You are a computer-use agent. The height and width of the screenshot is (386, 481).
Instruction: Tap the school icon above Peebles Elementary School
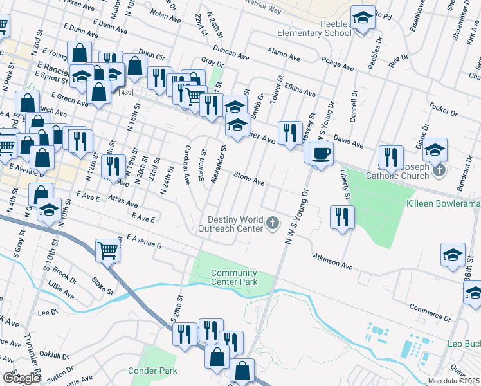point(363,18)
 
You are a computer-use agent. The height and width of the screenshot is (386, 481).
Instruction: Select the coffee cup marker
point(321,153)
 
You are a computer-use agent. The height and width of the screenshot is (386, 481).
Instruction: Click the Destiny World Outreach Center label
point(235,224)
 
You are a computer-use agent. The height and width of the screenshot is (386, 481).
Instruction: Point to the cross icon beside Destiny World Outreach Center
point(273,223)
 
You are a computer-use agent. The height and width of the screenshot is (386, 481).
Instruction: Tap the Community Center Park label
point(234,277)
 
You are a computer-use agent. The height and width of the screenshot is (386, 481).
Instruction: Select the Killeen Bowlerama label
point(443,203)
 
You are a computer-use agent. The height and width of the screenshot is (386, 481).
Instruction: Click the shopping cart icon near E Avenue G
point(108,250)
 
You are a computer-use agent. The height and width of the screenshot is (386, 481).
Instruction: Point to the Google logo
point(21,378)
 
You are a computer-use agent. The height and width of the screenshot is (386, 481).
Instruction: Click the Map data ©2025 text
point(454,381)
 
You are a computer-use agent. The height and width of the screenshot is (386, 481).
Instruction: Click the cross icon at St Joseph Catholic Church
point(440,170)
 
